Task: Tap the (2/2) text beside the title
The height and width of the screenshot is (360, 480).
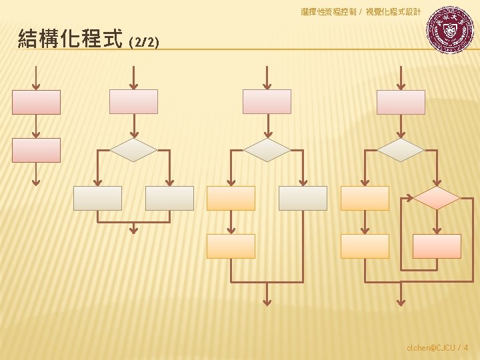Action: [x=144, y=42]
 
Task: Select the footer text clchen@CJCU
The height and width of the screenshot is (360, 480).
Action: [x=431, y=347]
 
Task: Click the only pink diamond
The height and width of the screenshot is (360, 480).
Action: [x=437, y=198]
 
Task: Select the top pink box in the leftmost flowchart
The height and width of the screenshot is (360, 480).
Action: [x=36, y=102]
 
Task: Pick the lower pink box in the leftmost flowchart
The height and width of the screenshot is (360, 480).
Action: [x=36, y=150]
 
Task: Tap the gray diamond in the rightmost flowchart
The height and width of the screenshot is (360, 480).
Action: [x=401, y=150]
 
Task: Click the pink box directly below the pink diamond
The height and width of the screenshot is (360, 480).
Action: [x=437, y=246]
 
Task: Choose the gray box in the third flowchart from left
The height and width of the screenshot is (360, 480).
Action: [x=303, y=198]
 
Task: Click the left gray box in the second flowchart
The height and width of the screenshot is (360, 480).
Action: [x=97, y=198]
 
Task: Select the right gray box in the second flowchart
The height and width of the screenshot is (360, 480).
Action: [x=169, y=198]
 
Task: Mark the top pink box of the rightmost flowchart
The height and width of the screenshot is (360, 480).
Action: [x=401, y=102]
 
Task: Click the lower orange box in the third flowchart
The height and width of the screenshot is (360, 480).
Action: [x=231, y=246]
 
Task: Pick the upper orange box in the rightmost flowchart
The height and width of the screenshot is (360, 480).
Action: [x=365, y=198]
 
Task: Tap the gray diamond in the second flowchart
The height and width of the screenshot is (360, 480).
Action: [x=133, y=150]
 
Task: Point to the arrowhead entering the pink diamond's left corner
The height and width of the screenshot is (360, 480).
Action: [x=409, y=198]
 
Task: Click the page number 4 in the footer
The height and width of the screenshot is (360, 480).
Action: [x=465, y=347]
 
